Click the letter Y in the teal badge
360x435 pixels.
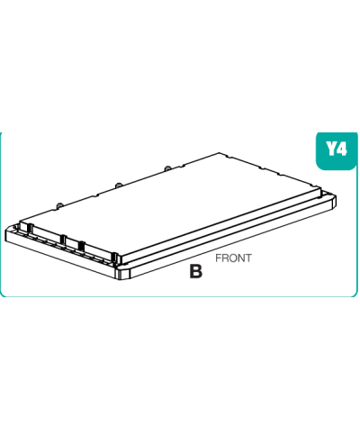(331, 149)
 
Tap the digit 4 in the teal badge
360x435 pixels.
(342, 149)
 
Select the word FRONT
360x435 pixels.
(233, 258)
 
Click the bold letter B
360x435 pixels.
(196, 271)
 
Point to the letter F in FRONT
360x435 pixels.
(218, 258)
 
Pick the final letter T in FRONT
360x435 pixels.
(248, 258)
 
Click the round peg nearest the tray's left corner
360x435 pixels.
(59, 205)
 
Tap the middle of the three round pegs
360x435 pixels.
(119, 185)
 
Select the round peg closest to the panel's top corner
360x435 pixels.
(167, 168)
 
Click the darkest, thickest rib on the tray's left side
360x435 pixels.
(81, 246)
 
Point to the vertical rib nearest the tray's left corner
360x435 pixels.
(30, 228)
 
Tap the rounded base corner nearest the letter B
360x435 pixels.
(123, 272)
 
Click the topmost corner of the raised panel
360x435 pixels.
(220, 153)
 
